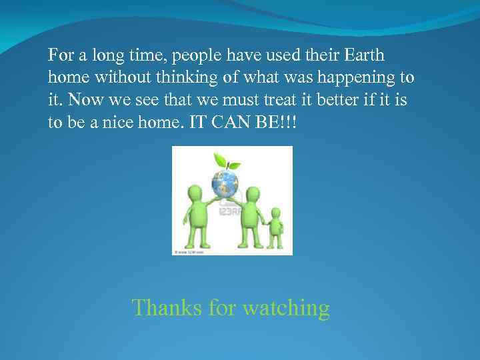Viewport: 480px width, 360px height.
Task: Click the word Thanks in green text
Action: click(167, 308)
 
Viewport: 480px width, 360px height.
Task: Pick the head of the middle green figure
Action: click(251, 195)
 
